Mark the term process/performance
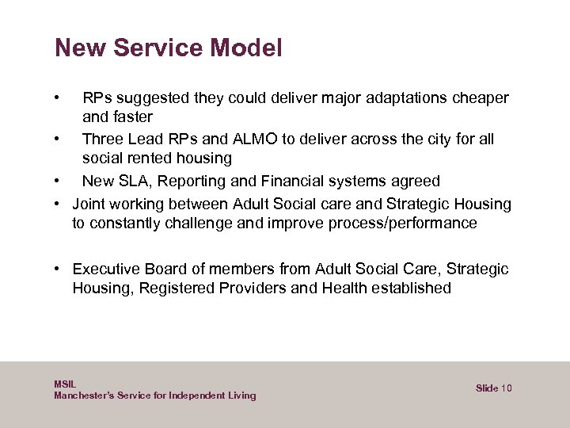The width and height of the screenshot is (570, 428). tap(399, 224)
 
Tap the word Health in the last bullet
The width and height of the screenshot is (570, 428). tap(344, 289)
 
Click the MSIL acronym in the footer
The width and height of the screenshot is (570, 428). tap(65, 384)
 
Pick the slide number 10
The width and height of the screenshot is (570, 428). tap(507, 388)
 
